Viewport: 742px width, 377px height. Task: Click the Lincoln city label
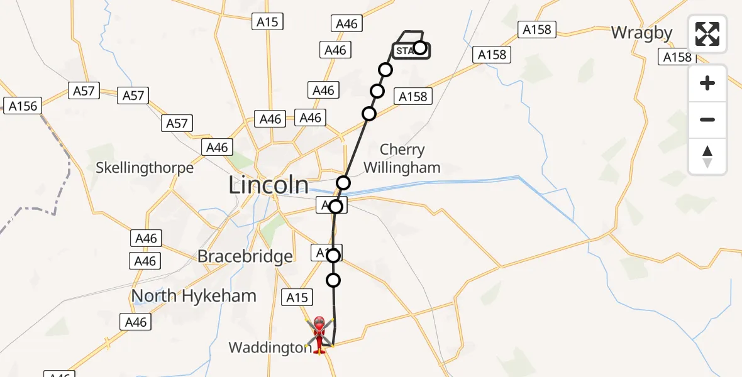click(269, 185)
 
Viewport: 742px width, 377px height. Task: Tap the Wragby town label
click(641, 33)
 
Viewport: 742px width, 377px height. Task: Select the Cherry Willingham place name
click(402, 158)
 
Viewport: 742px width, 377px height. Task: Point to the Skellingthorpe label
click(145, 168)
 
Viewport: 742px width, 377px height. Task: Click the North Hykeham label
click(194, 296)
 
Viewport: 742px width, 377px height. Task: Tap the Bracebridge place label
click(245, 256)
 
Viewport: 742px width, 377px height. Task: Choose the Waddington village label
click(270, 347)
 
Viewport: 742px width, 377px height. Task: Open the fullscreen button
click(707, 34)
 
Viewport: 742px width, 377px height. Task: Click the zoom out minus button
click(707, 119)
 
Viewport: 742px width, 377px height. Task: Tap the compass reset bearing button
click(707, 156)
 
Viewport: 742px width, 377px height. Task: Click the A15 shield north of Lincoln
click(267, 22)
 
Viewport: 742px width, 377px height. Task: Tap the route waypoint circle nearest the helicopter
click(333, 280)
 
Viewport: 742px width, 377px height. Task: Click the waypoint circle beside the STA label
click(420, 48)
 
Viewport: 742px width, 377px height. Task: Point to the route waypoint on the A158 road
click(369, 114)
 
